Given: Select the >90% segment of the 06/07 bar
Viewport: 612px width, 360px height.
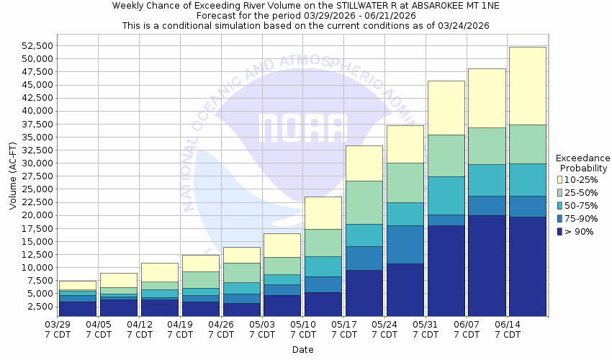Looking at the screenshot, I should click(486, 266).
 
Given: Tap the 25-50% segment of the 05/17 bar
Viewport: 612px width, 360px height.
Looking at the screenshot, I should click(364, 202).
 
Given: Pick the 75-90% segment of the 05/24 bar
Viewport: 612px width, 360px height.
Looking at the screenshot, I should click(405, 245).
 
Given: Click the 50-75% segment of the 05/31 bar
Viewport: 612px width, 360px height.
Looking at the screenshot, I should click(446, 196).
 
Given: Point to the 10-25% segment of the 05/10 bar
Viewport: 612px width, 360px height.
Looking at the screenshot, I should click(323, 213).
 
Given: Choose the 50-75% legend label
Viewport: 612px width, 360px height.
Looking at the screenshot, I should click(580, 205).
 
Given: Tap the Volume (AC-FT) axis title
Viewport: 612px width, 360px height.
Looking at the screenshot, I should click(13, 176).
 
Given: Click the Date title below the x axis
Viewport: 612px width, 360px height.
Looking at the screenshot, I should click(302, 350).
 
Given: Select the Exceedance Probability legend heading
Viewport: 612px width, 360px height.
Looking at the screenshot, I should click(583, 163).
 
